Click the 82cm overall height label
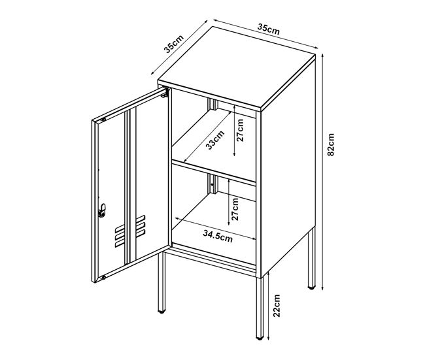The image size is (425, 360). click(331, 144)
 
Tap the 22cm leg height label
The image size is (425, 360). click(276, 306)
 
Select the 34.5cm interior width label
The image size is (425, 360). click(218, 236)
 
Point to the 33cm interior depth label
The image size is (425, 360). click(215, 140)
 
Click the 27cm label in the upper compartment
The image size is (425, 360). click(240, 130)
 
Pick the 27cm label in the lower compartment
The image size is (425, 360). click(235, 209)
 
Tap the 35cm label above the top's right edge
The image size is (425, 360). click(268, 29)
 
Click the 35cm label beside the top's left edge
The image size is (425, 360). click(174, 43)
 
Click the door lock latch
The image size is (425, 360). click(102, 210)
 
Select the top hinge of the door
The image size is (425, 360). click(165, 92)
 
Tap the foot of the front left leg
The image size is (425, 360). click(161, 312)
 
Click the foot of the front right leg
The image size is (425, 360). click(260, 338)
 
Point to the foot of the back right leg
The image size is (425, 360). click(312, 287)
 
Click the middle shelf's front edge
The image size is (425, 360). click(214, 172)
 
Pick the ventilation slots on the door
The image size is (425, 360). click(130, 231)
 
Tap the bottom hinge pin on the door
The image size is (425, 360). click(103, 278)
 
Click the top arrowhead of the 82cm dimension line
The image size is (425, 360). click(322, 56)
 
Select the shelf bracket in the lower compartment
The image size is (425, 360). click(213, 184)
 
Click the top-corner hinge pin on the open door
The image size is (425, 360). click(103, 120)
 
